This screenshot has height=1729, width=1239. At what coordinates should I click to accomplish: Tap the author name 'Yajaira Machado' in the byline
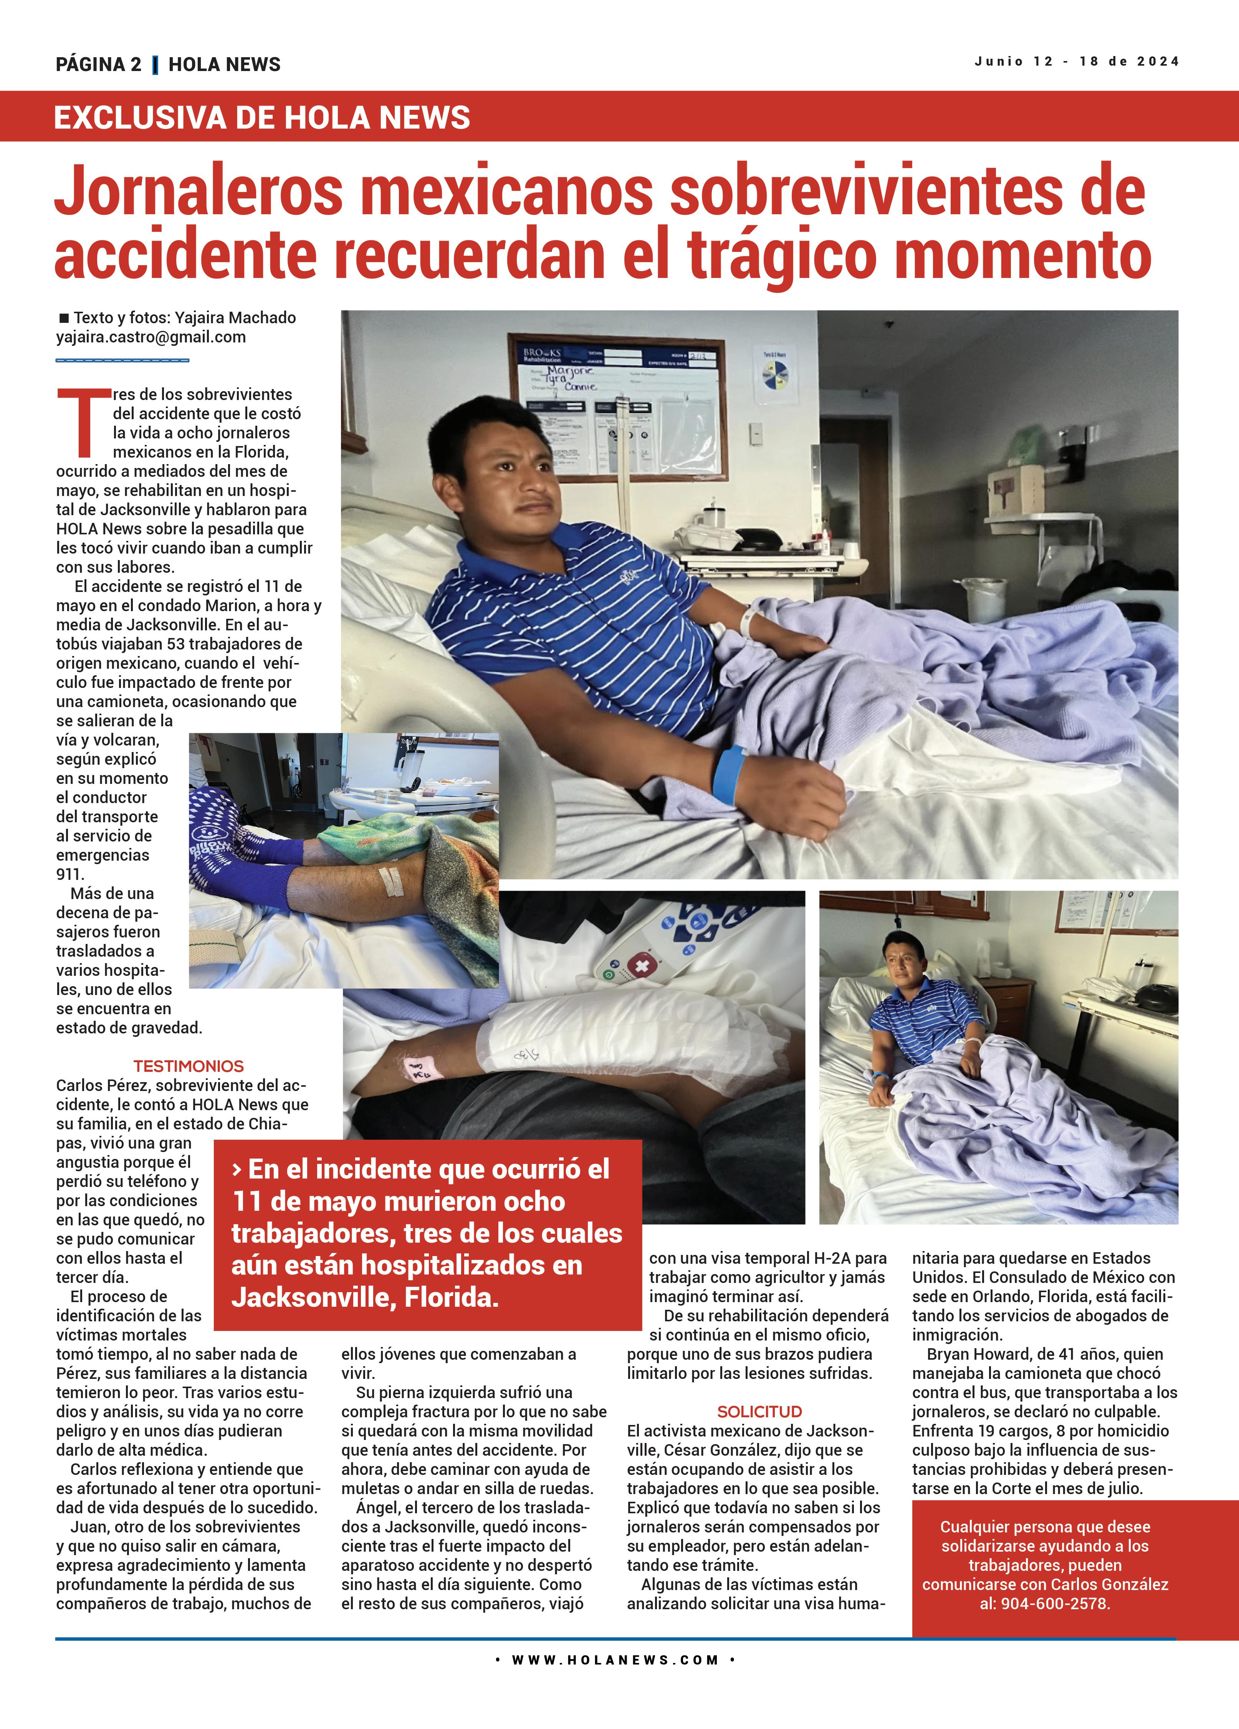(x=235, y=318)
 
